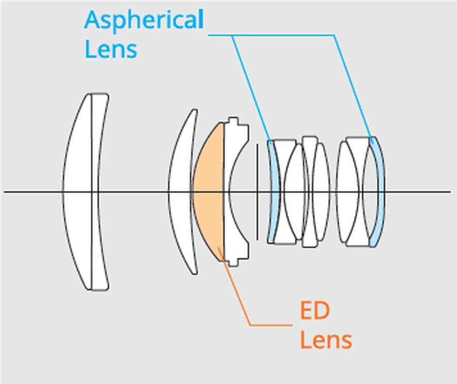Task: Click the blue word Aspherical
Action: [x=143, y=20]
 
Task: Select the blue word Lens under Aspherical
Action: [x=111, y=50]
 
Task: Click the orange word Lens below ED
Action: [x=325, y=339]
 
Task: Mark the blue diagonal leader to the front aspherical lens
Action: [x=251, y=86]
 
